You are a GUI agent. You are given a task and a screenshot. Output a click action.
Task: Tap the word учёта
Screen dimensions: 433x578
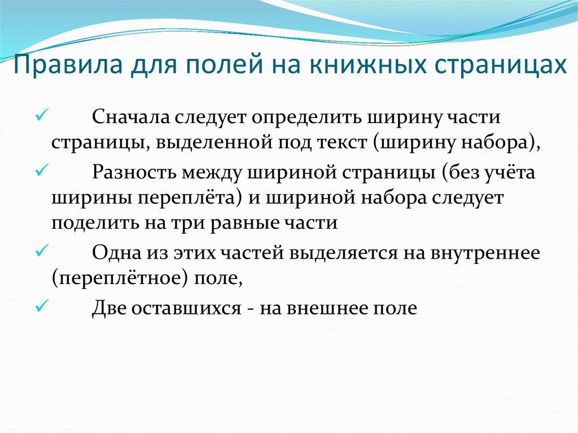coord(509,172)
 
